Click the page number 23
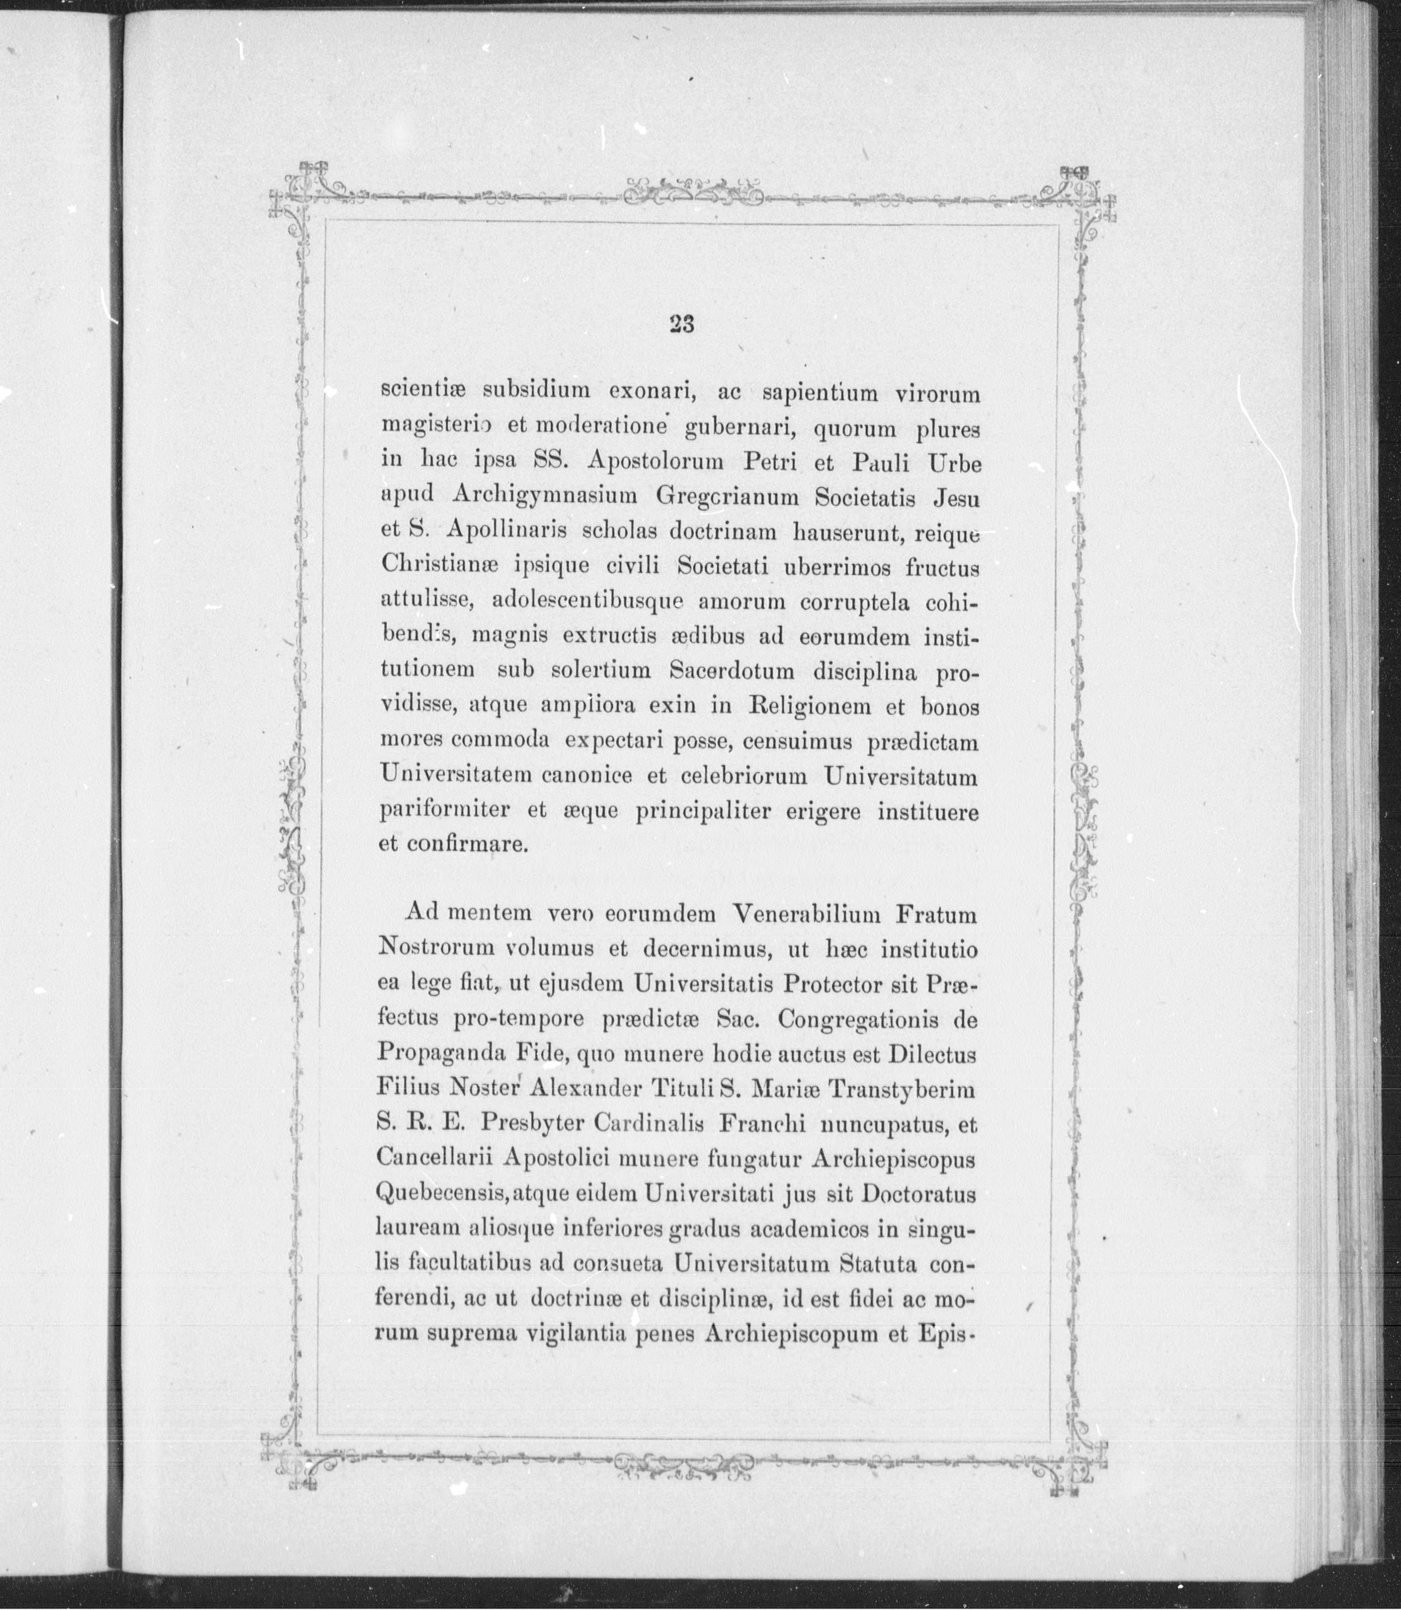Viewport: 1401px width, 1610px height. click(682, 324)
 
